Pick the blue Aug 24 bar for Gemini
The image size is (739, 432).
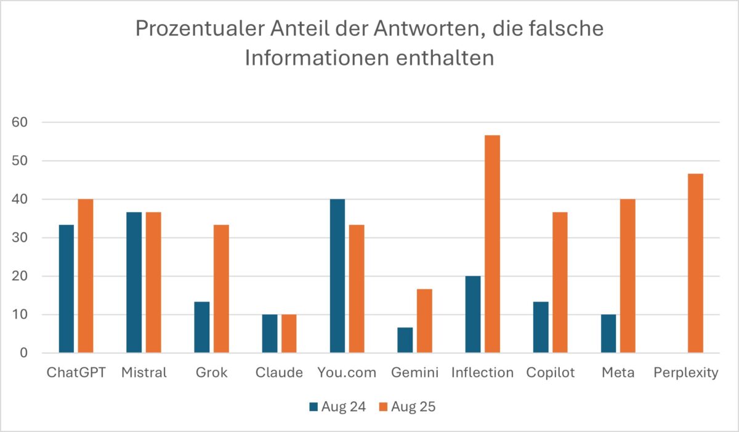pyautogui.click(x=405, y=340)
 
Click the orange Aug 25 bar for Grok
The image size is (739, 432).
pyautogui.click(x=221, y=289)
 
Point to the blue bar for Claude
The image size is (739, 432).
pyautogui.click(x=269, y=334)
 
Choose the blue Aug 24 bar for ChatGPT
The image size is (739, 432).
pyautogui.click(x=66, y=289)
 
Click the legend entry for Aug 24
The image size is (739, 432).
pyautogui.click(x=337, y=407)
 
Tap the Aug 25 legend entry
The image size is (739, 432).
pyautogui.click(x=407, y=407)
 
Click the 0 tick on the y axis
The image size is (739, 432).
pyautogui.click(x=23, y=353)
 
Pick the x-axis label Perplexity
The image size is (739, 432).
pyautogui.click(x=685, y=373)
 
